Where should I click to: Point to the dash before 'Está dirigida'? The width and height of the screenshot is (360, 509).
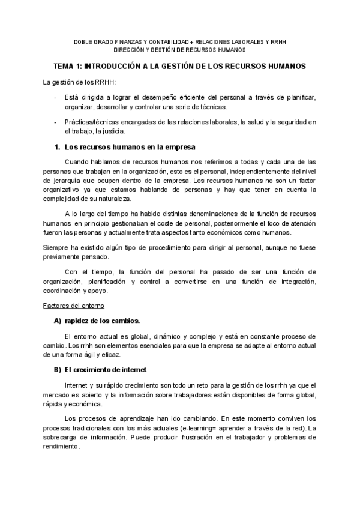coord(55,98)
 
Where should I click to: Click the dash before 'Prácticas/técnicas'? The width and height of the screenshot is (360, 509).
coord(55,122)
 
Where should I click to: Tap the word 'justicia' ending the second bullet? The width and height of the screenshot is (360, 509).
coord(113,131)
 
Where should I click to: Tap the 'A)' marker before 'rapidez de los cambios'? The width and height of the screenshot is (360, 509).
coord(58,321)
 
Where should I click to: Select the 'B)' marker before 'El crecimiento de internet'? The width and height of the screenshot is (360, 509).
coord(58,369)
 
